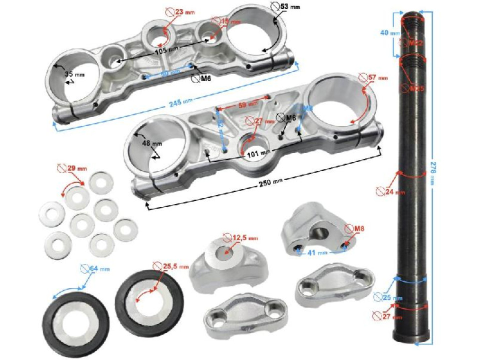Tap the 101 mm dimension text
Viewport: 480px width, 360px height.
258,153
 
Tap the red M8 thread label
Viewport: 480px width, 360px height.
358,229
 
